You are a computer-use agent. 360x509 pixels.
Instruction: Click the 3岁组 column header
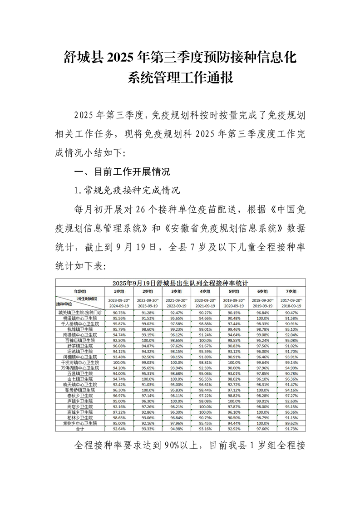point(177,291)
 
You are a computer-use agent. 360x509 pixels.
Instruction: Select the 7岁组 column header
point(291,291)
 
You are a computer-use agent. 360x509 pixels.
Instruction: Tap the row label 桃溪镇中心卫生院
point(80,318)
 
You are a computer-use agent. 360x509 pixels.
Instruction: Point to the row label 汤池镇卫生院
point(80,351)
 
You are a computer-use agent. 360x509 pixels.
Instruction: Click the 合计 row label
point(80,428)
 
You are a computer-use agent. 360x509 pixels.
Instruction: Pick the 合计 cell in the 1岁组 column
point(119,428)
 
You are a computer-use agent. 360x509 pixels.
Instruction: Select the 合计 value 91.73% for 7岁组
point(291,428)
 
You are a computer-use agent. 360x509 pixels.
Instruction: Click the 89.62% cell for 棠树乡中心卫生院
point(291,423)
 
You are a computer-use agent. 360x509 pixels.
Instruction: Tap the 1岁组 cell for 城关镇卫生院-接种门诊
point(119,313)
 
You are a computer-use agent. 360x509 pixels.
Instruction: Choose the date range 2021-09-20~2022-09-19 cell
point(177,303)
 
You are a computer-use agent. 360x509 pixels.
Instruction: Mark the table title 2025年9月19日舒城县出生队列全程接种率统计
point(180,283)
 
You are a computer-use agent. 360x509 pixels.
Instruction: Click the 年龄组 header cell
point(80,291)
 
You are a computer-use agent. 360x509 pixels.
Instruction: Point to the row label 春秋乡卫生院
point(80,396)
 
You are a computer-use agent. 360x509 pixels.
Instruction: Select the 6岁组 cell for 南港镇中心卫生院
point(263,335)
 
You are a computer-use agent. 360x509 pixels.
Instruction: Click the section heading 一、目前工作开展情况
point(122,172)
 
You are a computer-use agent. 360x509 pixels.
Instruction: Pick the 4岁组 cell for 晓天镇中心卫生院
point(205,384)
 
